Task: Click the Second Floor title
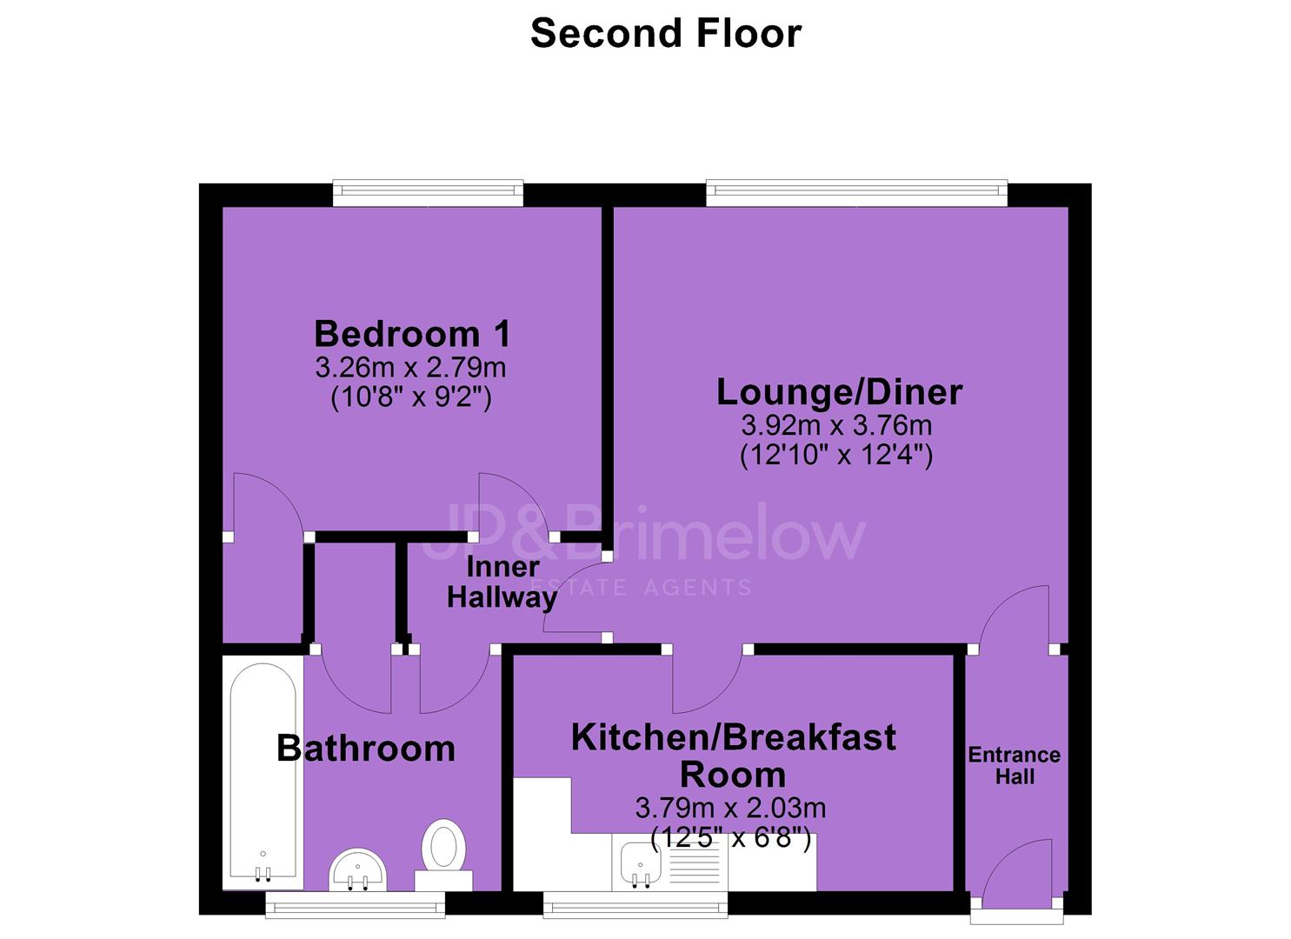(666, 33)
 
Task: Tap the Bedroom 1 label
(412, 335)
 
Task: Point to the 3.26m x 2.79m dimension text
(410, 368)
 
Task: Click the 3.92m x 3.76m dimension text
(836, 426)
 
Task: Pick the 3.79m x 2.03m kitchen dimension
(730, 809)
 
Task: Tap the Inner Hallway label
(502, 583)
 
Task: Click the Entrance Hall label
(1015, 765)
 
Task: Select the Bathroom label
(366, 749)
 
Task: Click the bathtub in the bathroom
(263, 776)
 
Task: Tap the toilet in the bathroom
(443, 856)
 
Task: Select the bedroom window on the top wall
(428, 193)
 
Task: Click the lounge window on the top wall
(856, 193)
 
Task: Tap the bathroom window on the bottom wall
(355, 904)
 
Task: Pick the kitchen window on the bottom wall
(636, 904)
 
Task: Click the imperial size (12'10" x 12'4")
(836, 456)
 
